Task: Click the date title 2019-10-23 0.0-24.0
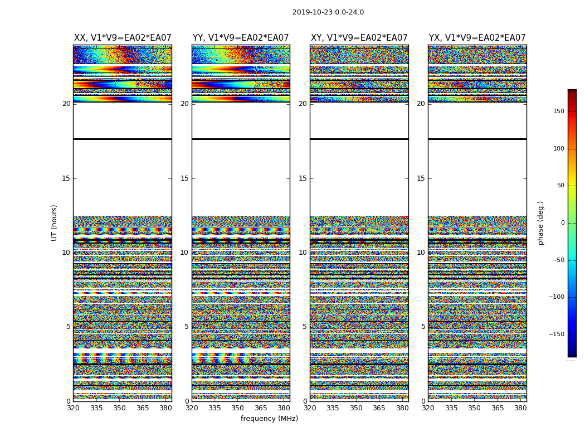(328, 12)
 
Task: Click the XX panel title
(123, 38)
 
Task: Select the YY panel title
(241, 38)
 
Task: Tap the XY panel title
(359, 38)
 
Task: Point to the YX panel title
(477, 38)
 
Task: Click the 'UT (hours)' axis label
(55, 222)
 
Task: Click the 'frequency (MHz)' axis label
(269, 419)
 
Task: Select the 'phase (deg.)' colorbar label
(540, 222)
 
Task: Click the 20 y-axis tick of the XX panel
(66, 104)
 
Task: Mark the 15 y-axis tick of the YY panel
(184, 178)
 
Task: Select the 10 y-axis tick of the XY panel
(303, 253)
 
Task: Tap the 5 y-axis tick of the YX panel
(423, 327)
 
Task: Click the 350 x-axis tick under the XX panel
(119, 408)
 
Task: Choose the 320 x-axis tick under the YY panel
(192, 408)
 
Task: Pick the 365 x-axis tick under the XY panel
(379, 408)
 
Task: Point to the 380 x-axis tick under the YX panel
(520, 408)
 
